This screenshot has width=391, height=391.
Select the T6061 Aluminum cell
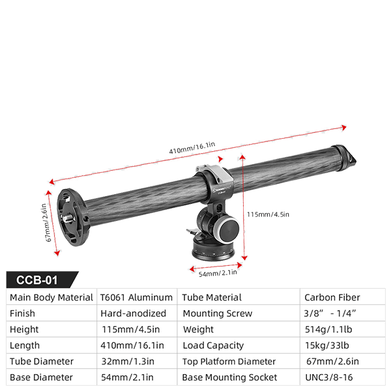pos(136,298)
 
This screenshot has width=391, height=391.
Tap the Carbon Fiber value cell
pos(332,298)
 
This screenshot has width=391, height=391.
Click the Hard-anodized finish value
pos(134,313)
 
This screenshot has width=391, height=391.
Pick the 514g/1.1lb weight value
pos(332,330)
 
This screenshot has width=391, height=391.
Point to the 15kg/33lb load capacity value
pos(332,345)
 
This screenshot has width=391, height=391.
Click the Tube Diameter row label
pos(41,362)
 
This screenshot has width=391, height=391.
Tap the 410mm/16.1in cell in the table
pos(133,345)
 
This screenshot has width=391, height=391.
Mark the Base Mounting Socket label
pos(229,377)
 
